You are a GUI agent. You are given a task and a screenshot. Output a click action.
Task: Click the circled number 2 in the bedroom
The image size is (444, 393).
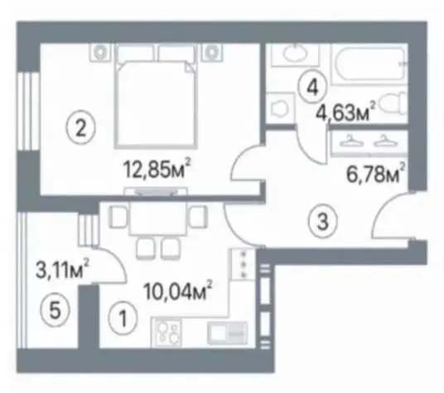(x=81, y=128)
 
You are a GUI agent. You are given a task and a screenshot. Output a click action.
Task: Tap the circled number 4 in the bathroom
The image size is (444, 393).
(x=312, y=88)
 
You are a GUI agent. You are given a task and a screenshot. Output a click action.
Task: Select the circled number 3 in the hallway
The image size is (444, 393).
(x=323, y=222)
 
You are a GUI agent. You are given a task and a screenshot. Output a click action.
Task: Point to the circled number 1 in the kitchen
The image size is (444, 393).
(x=123, y=318)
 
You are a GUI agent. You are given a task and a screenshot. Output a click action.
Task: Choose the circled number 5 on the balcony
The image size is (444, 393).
(x=55, y=310)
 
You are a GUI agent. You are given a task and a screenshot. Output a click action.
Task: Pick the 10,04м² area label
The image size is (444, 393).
(x=178, y=290)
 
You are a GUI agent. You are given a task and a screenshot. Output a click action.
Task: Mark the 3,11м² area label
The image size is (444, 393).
(x=62, y=270)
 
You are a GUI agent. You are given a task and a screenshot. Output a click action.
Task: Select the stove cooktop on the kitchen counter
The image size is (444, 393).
(x=167, y=332)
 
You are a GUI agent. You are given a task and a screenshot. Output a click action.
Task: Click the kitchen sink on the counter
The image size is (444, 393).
(x=227, y=333)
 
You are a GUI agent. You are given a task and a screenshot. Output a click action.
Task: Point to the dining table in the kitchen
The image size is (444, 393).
(x=158, y=218)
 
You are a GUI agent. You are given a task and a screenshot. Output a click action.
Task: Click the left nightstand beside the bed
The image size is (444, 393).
(x=100, y=52)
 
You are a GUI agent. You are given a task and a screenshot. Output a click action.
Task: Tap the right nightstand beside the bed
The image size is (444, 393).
(x=212, y=52)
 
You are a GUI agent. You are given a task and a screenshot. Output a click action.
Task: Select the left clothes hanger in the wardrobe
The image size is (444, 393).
(x=352, y=141)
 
